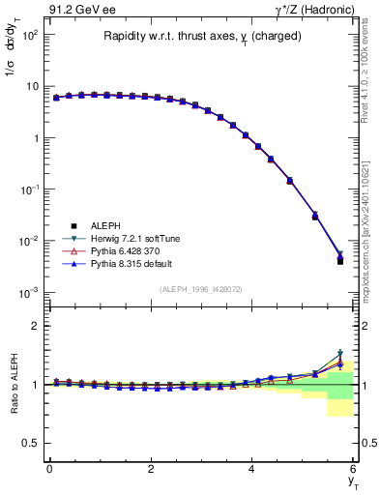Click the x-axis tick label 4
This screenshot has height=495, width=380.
pos(252,469)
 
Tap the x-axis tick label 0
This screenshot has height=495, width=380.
pos(49,469)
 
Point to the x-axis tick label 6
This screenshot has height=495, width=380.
pos(354,469)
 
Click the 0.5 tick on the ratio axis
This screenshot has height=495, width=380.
pos(31,444)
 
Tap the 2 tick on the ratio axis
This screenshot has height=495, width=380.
pos(35,326)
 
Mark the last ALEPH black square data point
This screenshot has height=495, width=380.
pos(340,261)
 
